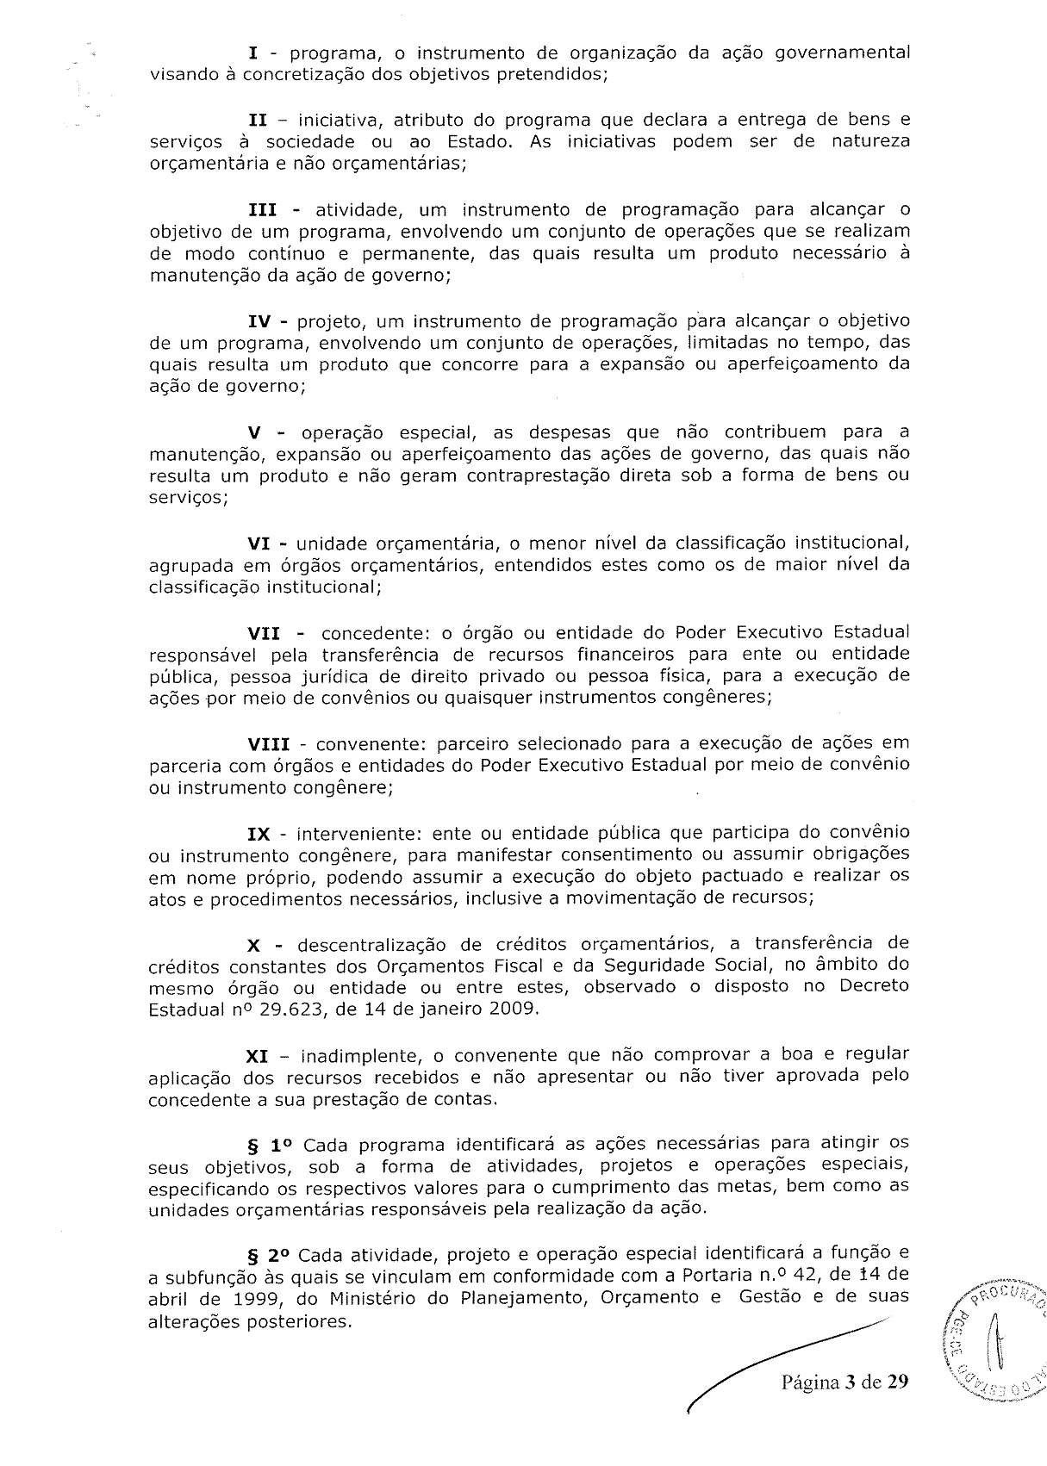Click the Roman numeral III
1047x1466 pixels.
click(x=264, y=210)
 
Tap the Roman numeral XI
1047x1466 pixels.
click(x=258, y=1054)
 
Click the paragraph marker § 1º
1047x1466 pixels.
click(x=271, y=1146)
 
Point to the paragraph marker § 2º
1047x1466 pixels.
click(x=269, y=1252)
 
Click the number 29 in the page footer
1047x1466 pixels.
click(x=898, y=1383)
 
